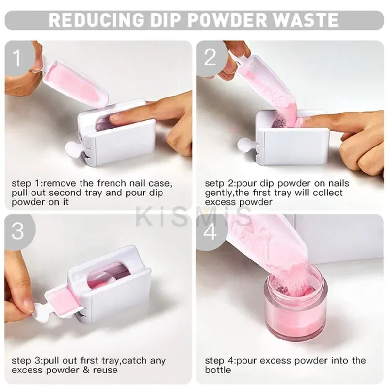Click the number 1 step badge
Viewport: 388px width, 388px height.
17,59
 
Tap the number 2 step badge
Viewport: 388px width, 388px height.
210,58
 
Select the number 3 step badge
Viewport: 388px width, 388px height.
17,230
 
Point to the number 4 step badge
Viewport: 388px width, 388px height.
210,230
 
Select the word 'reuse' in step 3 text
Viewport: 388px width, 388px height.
106,370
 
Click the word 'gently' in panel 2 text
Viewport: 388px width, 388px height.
218,193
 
